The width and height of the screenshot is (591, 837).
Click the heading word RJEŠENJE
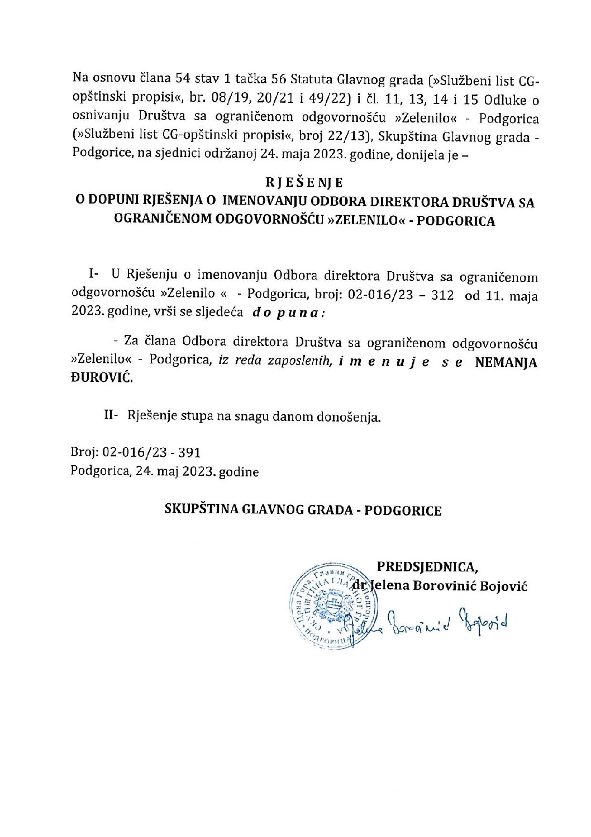[304, 182]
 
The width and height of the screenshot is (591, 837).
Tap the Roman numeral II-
[110, 416]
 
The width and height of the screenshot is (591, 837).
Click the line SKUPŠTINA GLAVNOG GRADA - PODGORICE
[303, 510]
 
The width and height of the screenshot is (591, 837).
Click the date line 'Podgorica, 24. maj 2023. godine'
[165, 471]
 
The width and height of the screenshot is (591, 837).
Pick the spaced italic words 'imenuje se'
[401, 362]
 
